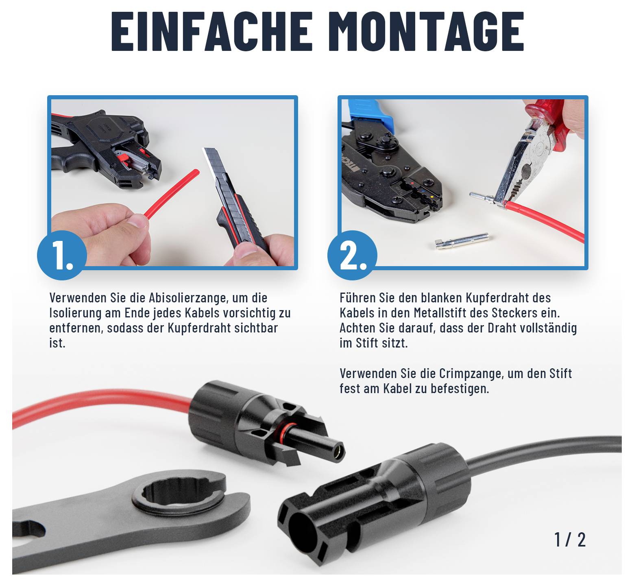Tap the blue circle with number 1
62,255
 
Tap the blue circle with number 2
353,255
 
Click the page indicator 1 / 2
570,539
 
